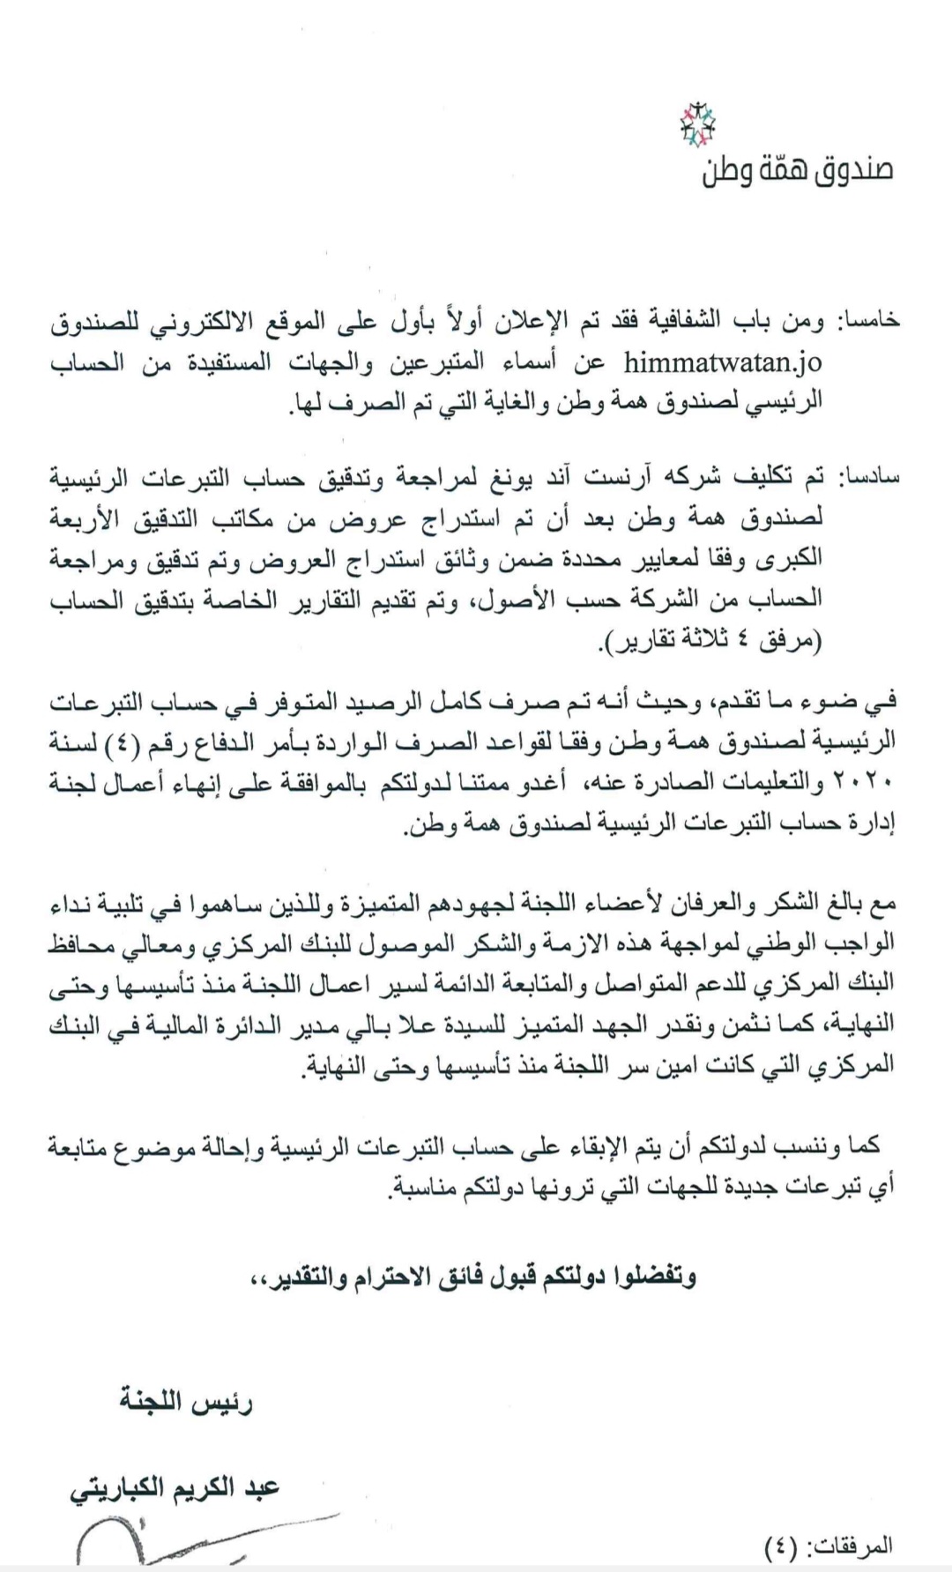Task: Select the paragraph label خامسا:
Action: [868, 322]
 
